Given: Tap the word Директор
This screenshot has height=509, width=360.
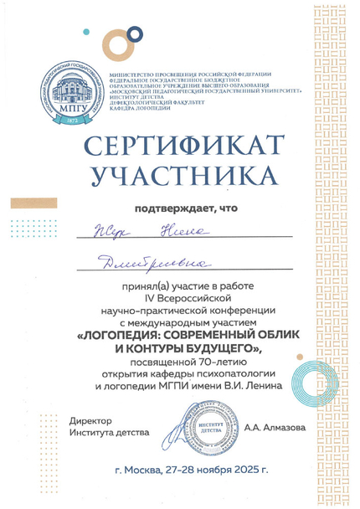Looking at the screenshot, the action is (90, 419).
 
